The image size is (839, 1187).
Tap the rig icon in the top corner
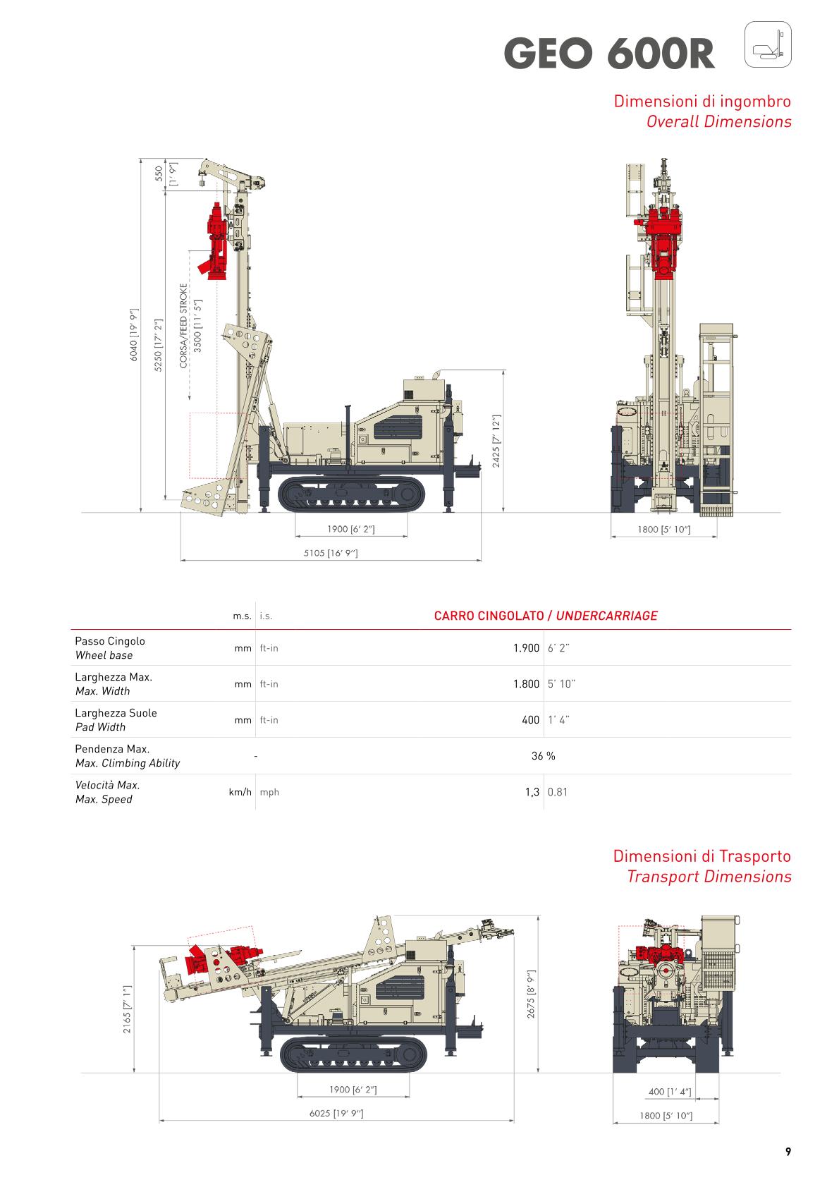click(x=768, y=44)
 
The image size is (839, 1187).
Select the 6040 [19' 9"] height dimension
click(x=133, y=335)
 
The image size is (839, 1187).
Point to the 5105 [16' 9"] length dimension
click(x=331, y=553)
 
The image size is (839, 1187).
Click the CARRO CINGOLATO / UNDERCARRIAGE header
click(x=545, y=616)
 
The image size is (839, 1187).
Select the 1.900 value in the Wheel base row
click(x=526, y=647)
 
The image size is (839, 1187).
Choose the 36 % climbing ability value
click(x=543, y=756)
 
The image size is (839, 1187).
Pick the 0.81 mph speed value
click(x=557, y=792)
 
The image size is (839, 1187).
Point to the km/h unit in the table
click(x=240, y=792)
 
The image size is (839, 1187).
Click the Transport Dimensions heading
click(x=709, y=877)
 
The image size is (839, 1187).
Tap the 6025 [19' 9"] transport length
click(x=336, y=1113)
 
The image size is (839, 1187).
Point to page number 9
click(x=788, y=1152)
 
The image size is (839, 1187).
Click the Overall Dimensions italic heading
click(x=718, y=121)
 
